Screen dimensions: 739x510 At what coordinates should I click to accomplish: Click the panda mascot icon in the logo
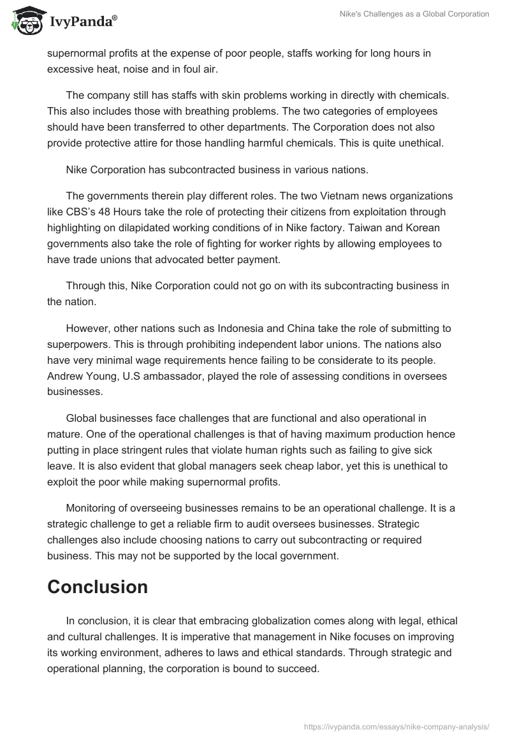pyautogui.click(x=25, y=20)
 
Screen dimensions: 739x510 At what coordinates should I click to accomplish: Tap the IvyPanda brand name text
pyautogui.click(x=83, y=22)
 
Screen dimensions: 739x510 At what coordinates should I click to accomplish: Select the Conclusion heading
pyautogui.click(x=98, y=587)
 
